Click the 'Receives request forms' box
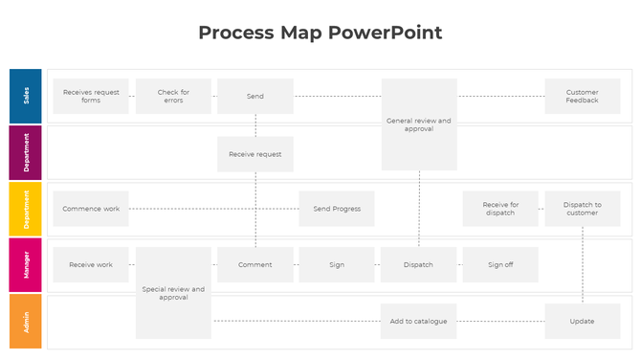[x=91, y=96]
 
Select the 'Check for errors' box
[x=173, y=96]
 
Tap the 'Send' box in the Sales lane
[x=255, y=96]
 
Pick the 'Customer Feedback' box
[x=582, y=96]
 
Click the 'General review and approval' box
[x=419, y=124]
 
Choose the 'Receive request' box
[x=255, y=153]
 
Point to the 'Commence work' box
[x=91, y=209]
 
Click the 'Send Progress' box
[x=337, y=209]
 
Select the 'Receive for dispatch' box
[x=500, y=209]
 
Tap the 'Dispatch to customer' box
[x=582, y=209]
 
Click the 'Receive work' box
[x=91, y=264]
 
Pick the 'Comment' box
[x=255, y=264]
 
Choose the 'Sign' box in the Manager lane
[x=337, y=264]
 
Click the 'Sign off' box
[x=500, y=264]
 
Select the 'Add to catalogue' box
[x=419, y=321]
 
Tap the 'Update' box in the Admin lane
[x=582, y=321]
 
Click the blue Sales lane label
[x=26, y=96]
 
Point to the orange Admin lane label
[x=26, y=321]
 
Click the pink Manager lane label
[x=26, y=264]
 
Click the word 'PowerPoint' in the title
[x=386, y=33]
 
